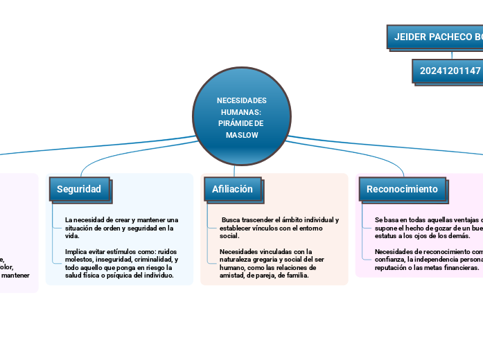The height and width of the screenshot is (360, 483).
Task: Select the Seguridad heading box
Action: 79,189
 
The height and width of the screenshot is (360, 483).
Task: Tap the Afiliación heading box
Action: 232,189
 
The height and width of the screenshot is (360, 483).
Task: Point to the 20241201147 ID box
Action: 449,71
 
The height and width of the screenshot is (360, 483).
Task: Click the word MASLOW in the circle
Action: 242,135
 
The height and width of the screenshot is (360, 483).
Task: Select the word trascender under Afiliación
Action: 254,220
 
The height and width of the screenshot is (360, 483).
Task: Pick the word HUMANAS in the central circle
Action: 241,111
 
